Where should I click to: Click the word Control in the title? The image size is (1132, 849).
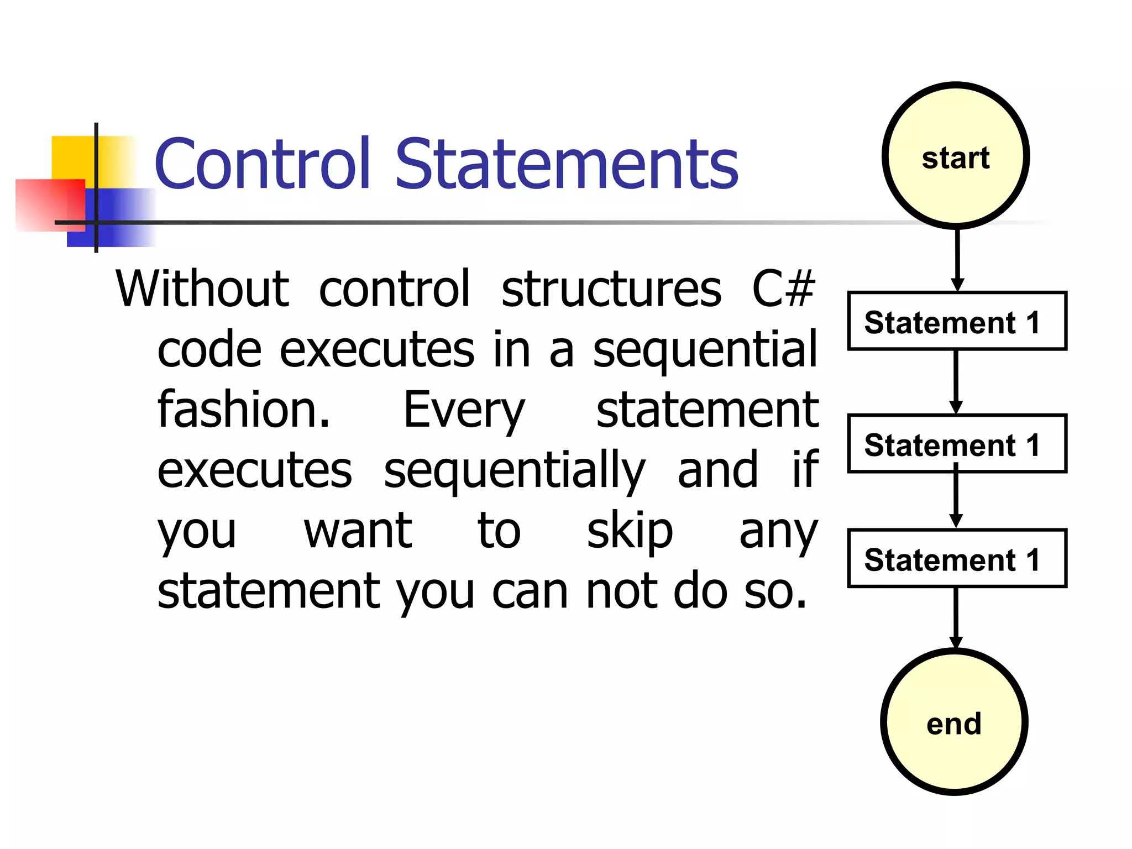pos(262,164)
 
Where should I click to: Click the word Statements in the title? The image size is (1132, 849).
pos(567,164)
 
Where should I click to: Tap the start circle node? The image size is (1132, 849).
pos(956,156)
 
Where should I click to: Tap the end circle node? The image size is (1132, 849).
pos(954,723)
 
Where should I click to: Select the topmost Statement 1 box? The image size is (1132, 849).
pos(957,322)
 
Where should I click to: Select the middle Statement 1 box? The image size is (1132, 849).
pos(957,444)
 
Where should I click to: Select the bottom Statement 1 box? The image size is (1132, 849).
pos(957,559)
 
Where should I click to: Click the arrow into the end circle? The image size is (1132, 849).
pos(956,616)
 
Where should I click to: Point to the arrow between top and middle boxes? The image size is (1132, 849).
pos(956,381)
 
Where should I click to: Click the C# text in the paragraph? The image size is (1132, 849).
pos(783,290)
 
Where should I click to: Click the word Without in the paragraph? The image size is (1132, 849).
pos(202,290)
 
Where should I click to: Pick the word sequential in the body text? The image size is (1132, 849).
pos(705,350)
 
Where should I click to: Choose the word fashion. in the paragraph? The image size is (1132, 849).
pos(244,410)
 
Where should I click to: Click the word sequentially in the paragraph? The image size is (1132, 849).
pos(514,471)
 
